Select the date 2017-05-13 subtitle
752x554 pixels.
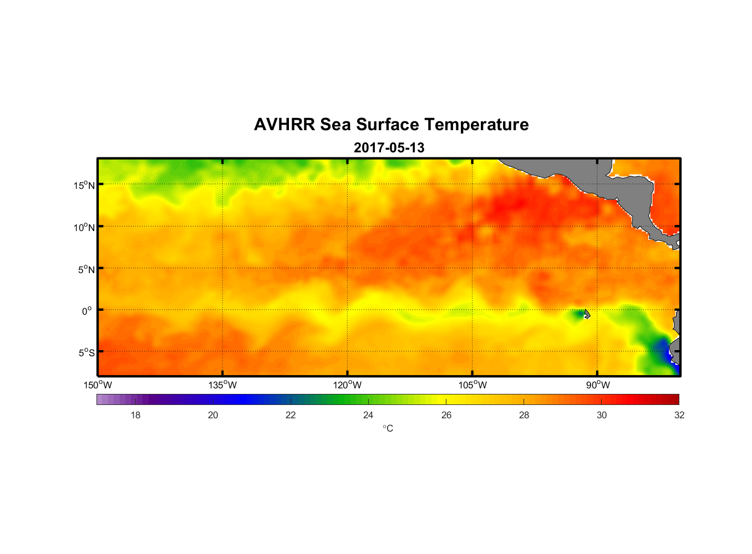[x=389, y=148]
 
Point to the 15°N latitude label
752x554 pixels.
[x=84, y=185]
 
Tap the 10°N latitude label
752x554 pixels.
[x=84, y=227]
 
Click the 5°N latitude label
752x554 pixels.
[x=86, y=269]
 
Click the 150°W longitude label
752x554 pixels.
[x=98, y=385]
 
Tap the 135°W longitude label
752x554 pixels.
[x=223, y=385]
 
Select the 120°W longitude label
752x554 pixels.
[x=348, y=385]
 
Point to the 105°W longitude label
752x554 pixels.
[x=472, y=385]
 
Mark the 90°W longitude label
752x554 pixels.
[x=598, y=385]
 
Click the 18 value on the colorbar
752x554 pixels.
[x=135, y=415]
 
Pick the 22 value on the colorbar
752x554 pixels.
[x=291, y=415]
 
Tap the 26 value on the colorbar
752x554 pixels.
[x=446, y=415]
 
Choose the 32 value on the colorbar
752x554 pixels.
[x=679, y=415]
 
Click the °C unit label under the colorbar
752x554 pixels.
[x=388, y=428]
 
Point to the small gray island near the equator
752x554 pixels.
[x=587, y=314]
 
